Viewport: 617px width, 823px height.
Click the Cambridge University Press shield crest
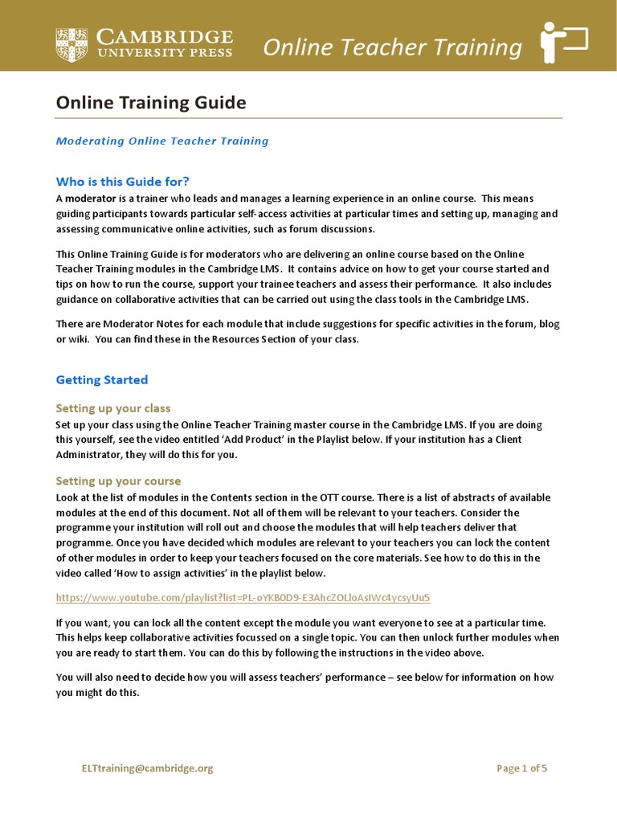point(72,45)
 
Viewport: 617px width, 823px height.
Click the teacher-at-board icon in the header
point(564,43)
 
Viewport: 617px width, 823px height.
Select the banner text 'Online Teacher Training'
point(392,47)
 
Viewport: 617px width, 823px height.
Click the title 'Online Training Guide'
point(150,103)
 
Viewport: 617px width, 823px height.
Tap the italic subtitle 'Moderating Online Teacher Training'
point(161,141)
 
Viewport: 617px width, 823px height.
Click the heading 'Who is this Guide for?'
point(122,181)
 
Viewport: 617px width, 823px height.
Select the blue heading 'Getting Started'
point(101,379)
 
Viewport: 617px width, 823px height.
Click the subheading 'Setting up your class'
point(112,408)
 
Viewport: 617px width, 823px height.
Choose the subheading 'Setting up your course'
point(118,481)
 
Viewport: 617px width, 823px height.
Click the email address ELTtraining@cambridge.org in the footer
point(147,768)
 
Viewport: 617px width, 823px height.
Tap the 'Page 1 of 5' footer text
point(521,768)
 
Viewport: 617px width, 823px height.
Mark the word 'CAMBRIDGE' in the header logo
point(164,38)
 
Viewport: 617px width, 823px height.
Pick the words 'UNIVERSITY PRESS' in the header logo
point(164,53)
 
